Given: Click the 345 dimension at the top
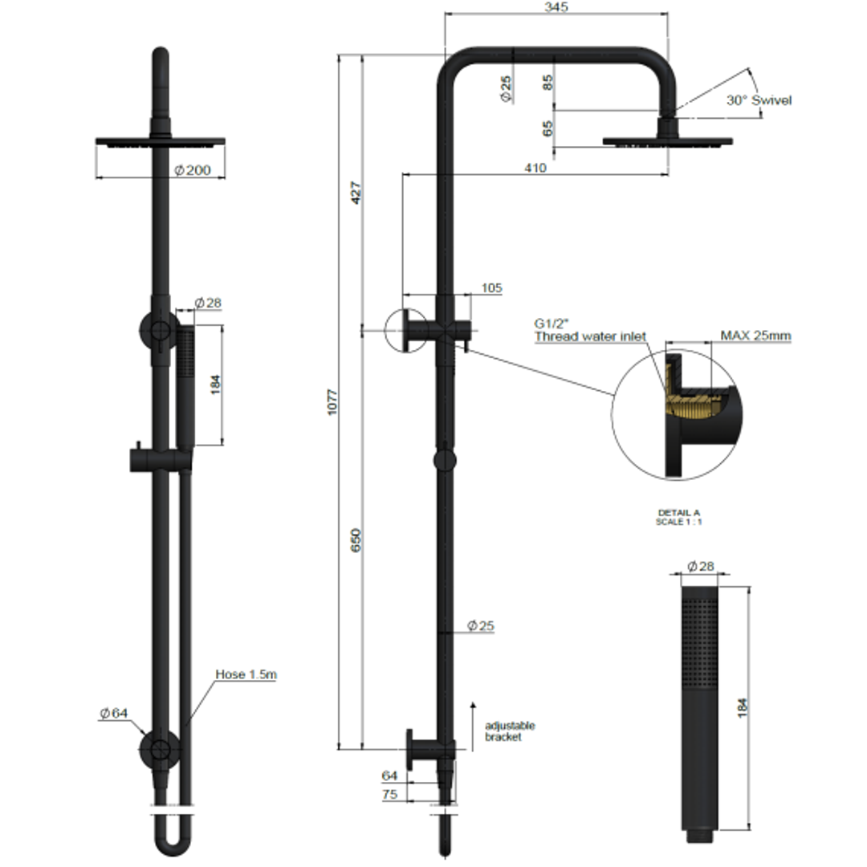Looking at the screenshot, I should pos(556,7).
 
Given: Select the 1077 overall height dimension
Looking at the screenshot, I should pos(333,401).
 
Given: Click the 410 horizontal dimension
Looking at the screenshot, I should pos(535,168).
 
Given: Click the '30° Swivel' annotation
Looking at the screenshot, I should pos(759,100).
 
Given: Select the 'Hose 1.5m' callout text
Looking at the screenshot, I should pos(246,674).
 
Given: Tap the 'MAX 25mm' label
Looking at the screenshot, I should pos(755,336).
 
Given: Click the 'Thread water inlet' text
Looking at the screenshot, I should pos(590,336).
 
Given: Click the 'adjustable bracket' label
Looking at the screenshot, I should pos(510,731).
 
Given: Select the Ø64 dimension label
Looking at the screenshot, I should pos(114,713).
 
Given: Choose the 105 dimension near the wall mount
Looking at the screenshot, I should pos(491,287).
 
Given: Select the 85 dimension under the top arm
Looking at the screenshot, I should pos(548,82).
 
